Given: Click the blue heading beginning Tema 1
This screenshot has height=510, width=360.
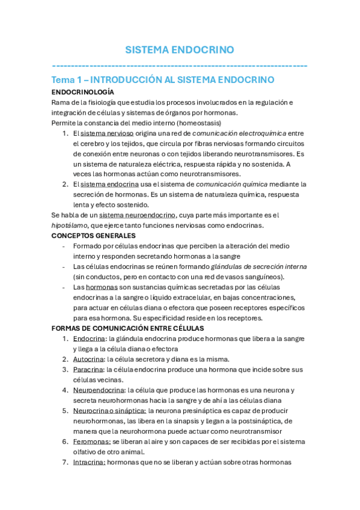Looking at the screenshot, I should [x=163, y=79].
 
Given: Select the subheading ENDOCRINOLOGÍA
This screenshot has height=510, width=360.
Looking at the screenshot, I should [x=82, y=92].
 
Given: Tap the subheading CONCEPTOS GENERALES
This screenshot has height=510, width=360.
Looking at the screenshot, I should [x=94, y=235].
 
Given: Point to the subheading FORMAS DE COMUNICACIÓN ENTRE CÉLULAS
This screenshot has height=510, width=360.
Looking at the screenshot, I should [x=128, y=328].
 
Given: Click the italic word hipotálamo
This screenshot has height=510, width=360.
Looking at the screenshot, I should [x=69, y=225].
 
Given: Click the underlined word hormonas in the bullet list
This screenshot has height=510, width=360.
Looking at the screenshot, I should [x=100, y=287].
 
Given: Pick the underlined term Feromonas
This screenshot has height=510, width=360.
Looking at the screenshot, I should [x=91, y=441].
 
